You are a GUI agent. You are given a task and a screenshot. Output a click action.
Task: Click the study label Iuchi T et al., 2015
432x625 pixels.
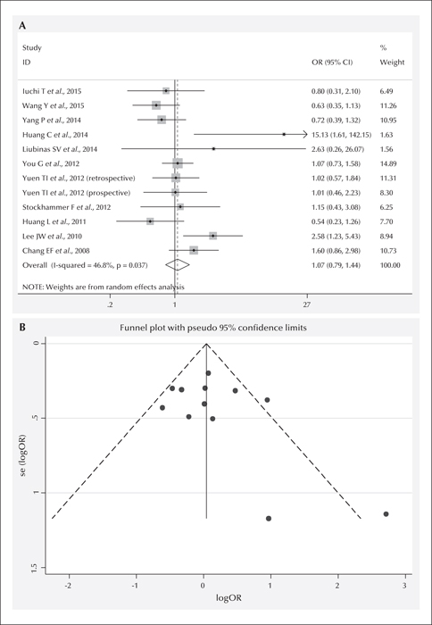52,91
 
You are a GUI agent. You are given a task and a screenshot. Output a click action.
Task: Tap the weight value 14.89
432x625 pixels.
386,163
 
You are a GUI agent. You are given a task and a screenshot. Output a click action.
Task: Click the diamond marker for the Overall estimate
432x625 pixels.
178,265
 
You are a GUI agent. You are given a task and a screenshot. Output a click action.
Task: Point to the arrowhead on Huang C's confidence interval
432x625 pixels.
305,134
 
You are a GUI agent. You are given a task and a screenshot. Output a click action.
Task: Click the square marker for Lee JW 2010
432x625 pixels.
213,236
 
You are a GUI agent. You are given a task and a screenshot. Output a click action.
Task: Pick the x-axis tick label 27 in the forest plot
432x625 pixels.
307,305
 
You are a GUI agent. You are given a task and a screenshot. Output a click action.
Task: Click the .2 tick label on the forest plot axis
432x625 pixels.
110,305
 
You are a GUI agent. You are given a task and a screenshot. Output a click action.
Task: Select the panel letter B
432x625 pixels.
22,328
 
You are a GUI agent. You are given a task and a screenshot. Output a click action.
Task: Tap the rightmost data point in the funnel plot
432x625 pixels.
386,513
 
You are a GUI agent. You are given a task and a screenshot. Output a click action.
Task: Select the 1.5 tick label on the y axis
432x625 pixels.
38,567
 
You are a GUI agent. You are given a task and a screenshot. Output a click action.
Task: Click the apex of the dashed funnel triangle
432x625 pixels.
206,343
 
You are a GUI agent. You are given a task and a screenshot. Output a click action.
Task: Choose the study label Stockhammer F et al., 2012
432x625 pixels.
67,207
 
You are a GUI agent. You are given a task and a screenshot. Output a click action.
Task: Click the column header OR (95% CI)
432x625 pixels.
332,62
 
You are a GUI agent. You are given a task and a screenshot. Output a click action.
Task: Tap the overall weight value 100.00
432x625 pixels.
390,265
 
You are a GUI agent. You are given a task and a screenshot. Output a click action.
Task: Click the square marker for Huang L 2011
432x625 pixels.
150,221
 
